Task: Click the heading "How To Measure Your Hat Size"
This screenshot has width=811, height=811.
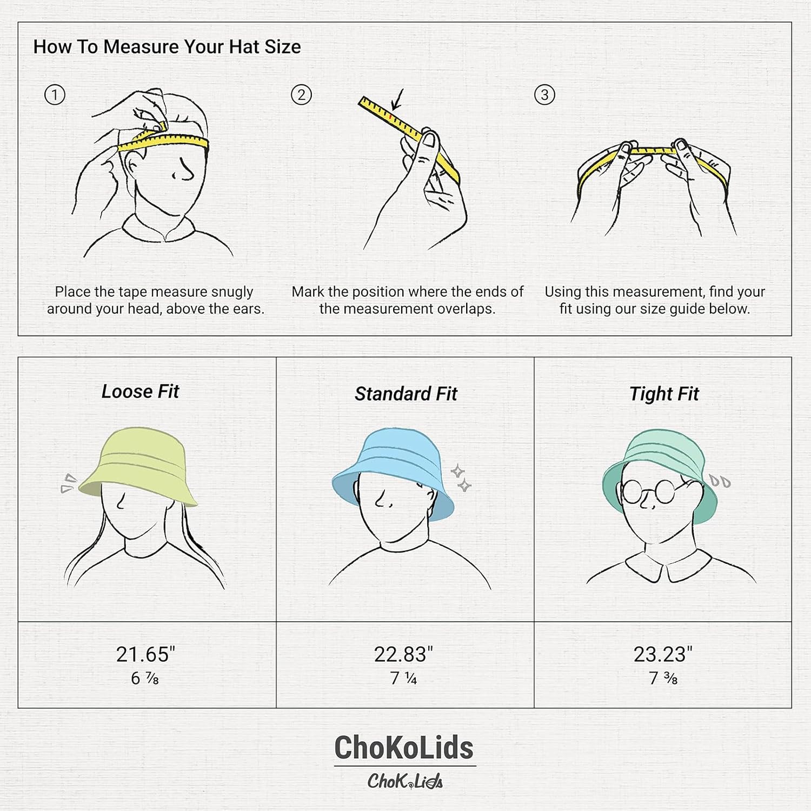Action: (x=167, y=47)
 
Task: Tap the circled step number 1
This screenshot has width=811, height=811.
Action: (x=55, y=95)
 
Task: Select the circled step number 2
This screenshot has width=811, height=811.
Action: (x=301, y=95)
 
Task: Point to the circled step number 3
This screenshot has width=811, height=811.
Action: (x=544, y=95)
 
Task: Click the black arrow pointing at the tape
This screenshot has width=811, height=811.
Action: (x=398, y=100)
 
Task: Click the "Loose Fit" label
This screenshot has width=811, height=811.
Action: (x=140, y=391)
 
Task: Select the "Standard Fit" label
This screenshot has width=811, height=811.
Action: (x=405, y=394)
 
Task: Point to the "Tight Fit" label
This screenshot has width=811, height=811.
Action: (x=664, y=394)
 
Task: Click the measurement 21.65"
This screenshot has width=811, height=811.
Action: (x=145, y=654)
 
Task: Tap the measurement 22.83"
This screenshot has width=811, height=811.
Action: (x=403, y=654)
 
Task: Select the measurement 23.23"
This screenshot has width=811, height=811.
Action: (x=663, y=654)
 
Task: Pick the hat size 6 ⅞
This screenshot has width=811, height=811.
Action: (x=145, y=678)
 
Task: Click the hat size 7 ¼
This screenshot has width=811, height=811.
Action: (x=403, y=678)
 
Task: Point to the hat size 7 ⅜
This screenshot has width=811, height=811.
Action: (x=663, y=678)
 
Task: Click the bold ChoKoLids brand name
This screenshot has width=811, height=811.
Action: (x=404, y=748)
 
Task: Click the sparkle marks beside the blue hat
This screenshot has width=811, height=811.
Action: (x=461, y=478)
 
